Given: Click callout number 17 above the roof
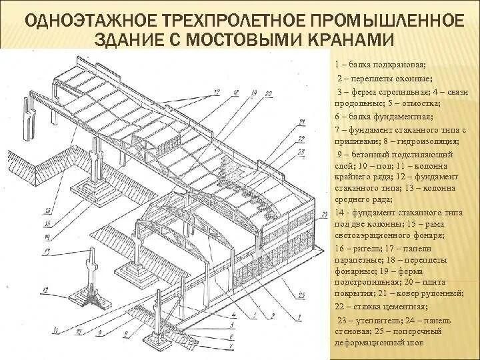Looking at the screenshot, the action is coord(217,91).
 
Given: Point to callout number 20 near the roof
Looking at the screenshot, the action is coord(267,94).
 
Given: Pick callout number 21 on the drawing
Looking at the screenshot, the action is coord(301,122).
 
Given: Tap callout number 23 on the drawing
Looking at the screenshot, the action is coord(302,152).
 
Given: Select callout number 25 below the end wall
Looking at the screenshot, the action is coord(301,295).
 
